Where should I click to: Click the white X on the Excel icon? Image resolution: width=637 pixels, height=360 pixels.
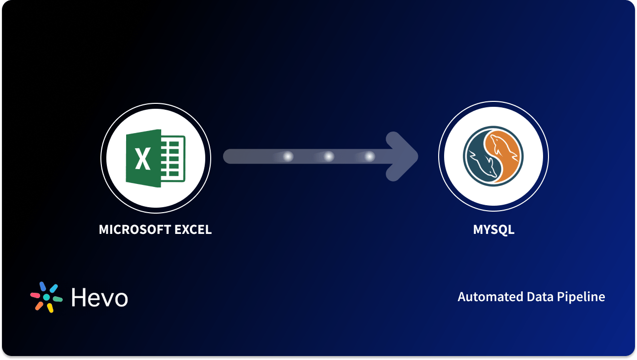[143, 158]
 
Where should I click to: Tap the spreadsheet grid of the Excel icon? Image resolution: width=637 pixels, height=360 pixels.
[173, 158]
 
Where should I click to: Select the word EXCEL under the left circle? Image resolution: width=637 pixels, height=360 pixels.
[192, 230]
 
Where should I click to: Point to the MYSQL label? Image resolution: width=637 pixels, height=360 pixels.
[494, 230]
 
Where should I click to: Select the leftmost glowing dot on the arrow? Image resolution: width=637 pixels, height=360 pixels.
[288, 157]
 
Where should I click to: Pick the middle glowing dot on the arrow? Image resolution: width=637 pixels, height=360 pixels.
[328, 157]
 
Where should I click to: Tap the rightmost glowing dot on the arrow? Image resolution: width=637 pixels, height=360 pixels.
[369, 157]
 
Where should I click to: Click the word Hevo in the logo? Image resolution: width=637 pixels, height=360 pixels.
[99, 298]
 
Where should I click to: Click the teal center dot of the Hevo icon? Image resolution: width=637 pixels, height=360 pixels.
[46, 297]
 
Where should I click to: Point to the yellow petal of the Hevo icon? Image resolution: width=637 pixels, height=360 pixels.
[50, 308]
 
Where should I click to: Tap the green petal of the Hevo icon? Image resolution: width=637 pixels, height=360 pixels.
[57, 299]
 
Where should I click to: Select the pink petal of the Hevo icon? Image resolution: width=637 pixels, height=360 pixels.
[35, 295]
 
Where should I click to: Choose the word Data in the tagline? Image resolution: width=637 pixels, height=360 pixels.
[527, 297]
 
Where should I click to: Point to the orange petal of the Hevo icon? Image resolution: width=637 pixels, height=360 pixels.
[39, 306]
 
